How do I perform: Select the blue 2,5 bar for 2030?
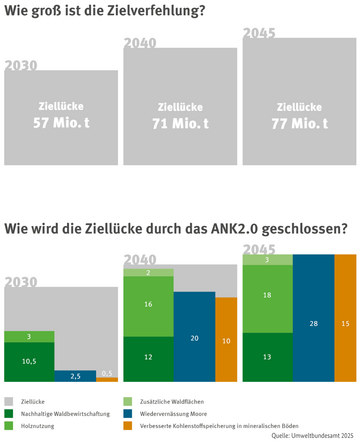[75, 375]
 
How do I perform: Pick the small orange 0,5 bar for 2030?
[106, 376]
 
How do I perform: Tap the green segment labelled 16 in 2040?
[147, 304]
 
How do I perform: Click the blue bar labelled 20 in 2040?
[193, 338]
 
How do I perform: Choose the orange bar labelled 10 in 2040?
[226, 341]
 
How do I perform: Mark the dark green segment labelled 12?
[147, 357]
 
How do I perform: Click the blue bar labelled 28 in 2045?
[312, 325]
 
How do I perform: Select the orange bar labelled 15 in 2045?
[345, 325]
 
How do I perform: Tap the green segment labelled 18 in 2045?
[266, 297]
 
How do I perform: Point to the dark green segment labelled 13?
[266, 356]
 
